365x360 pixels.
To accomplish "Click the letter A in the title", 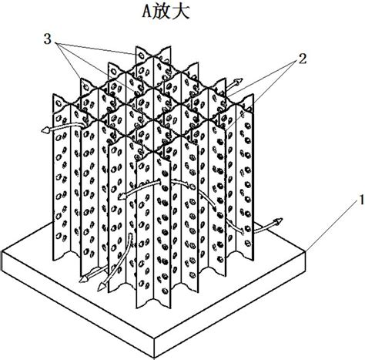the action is coord(147,12).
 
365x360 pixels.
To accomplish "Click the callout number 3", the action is coord(48,39).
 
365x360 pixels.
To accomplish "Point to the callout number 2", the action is coord(302,59).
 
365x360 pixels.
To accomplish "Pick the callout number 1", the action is coord(361,200).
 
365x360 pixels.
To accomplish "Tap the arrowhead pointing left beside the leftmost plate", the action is coord(45,130).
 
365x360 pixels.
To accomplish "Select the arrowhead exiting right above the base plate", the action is coord(278,220).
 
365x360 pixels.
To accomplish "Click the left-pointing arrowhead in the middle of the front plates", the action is coord(122,197).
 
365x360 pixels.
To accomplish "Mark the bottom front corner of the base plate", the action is coord(155,358).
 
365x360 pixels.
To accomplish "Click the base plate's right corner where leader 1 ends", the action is coord(306,251).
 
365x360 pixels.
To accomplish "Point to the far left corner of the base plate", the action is coord(2,251).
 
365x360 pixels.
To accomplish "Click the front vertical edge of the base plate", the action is coord(155,348).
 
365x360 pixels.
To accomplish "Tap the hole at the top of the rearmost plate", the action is coord(141,56).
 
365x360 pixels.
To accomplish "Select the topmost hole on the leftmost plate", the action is coord(59,103).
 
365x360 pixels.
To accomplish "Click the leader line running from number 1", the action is coord(333,225).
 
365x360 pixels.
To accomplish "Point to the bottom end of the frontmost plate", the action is coord(153,304).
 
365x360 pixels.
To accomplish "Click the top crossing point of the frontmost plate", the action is coord(153,152).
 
